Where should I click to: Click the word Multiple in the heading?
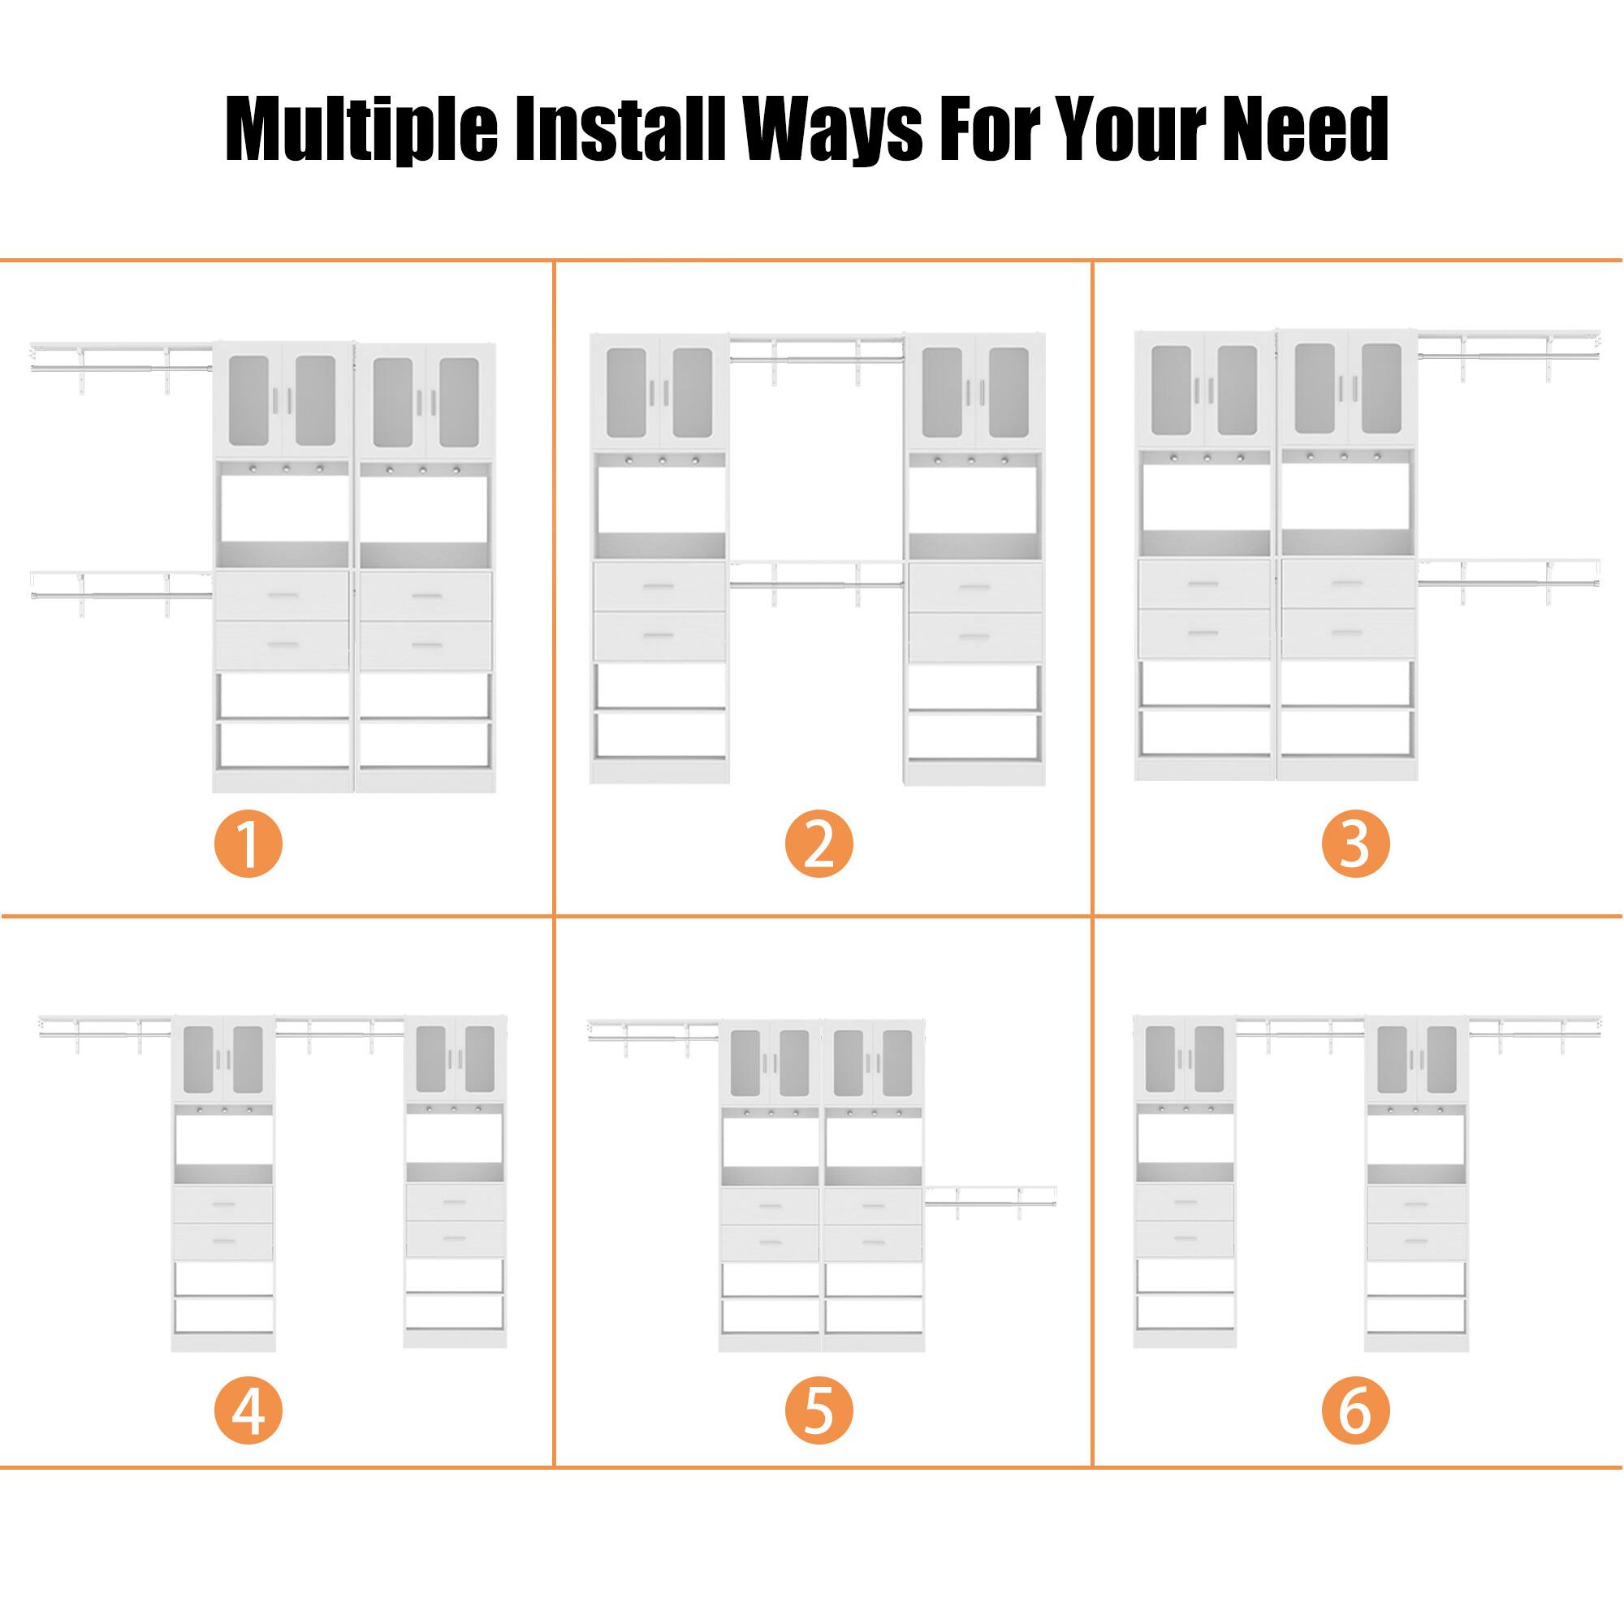pyautogui.click(x=361, y=129)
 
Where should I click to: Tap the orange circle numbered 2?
pyautogui.click(x=818, y=844)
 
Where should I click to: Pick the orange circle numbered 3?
pyautogui.click(x=1355, y=844)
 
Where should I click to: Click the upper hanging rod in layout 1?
pyautogui.click(x=122, y=366)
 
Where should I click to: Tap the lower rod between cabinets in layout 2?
pyautogui.click(x=815, y=583)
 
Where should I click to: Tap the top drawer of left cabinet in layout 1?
pyautogui.click(x=282, y=596)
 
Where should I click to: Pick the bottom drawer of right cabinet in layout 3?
pyautogui.click(x=1347, y=633)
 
